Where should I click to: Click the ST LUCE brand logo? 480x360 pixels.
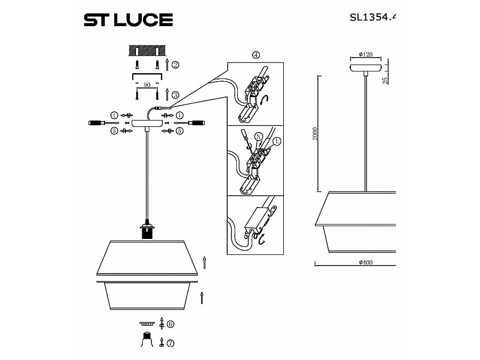[x=128, y=20]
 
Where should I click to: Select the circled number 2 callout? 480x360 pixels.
[x=175, y=65]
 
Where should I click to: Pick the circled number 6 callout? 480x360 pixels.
[x=170, y=324]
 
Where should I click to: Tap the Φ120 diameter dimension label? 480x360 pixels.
[x=365, y=54]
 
